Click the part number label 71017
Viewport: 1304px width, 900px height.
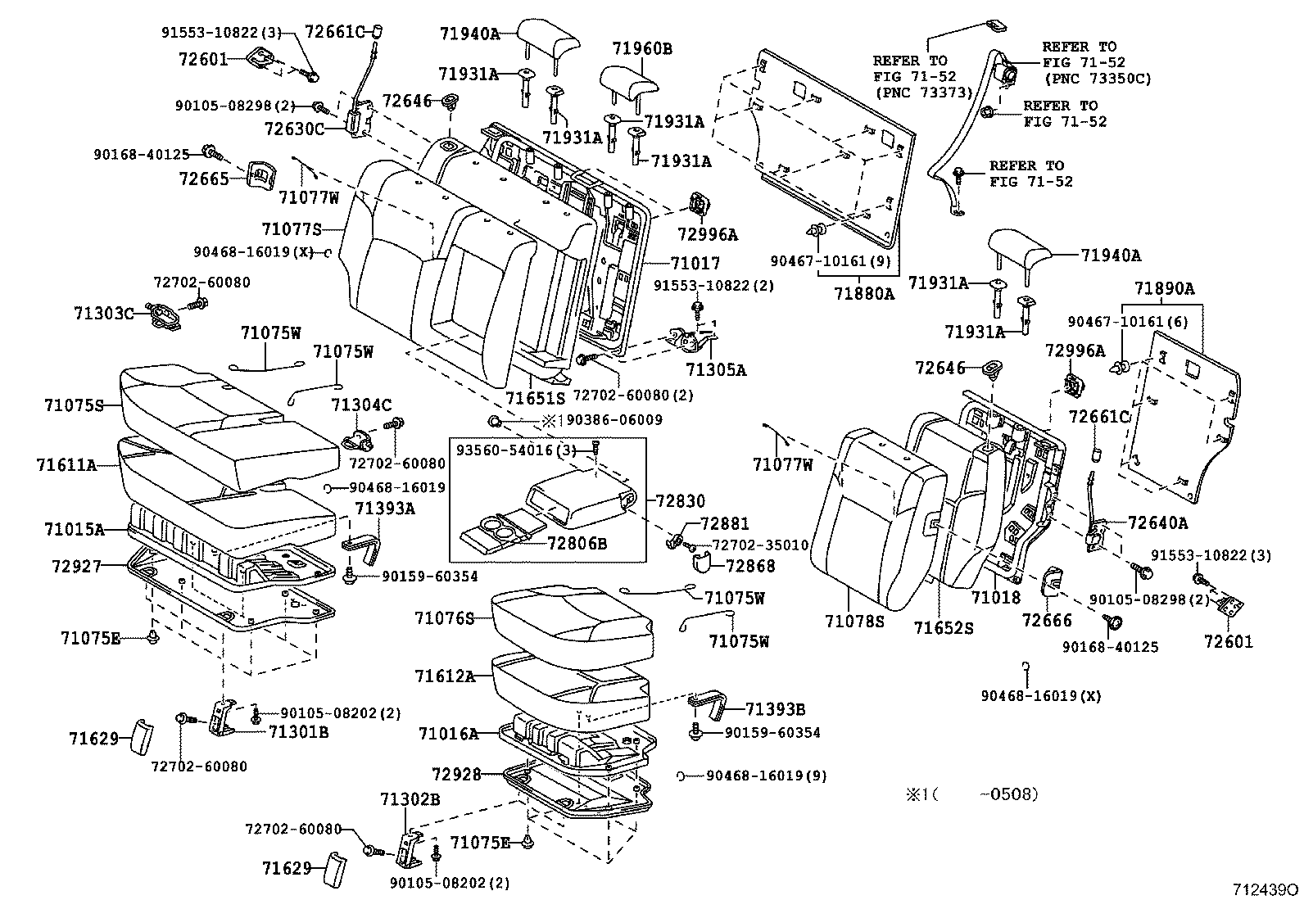coord(695,264)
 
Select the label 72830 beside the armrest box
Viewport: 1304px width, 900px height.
coord(679,500)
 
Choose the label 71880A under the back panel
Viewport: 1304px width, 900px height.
coord(864,293)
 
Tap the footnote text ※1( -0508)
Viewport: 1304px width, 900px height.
coord(971,794)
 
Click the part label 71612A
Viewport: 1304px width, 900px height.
coord(445,676)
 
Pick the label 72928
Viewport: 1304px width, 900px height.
coord(456,774)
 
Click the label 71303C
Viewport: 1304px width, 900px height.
coord(103,314)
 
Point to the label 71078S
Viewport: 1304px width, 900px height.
coord(854,622)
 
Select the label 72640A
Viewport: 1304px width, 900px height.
coord(1157,522)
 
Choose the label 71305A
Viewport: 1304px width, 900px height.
coord(716,369)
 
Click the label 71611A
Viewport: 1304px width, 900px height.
coord(67,465)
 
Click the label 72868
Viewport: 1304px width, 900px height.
coord(749,566)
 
